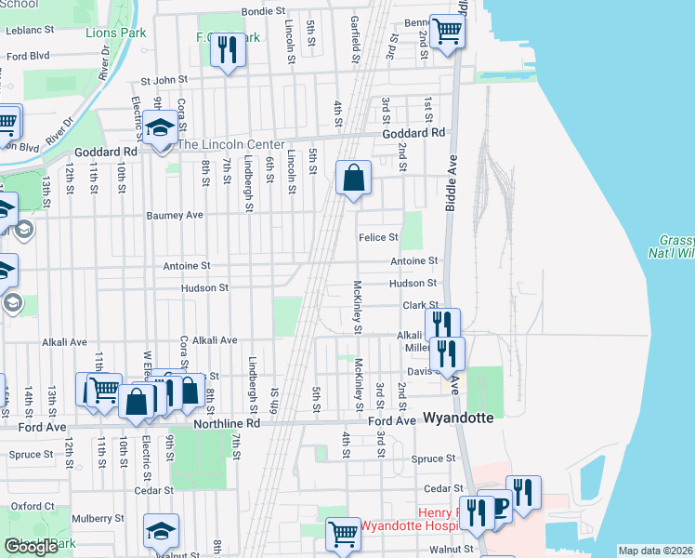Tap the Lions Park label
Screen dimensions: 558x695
[116, 33]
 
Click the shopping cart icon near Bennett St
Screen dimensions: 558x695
[447, 32]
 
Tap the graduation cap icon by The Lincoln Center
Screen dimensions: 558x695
[160, 128]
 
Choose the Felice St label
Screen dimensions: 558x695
[379, 237]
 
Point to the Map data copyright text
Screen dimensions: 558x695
[655, 551]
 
